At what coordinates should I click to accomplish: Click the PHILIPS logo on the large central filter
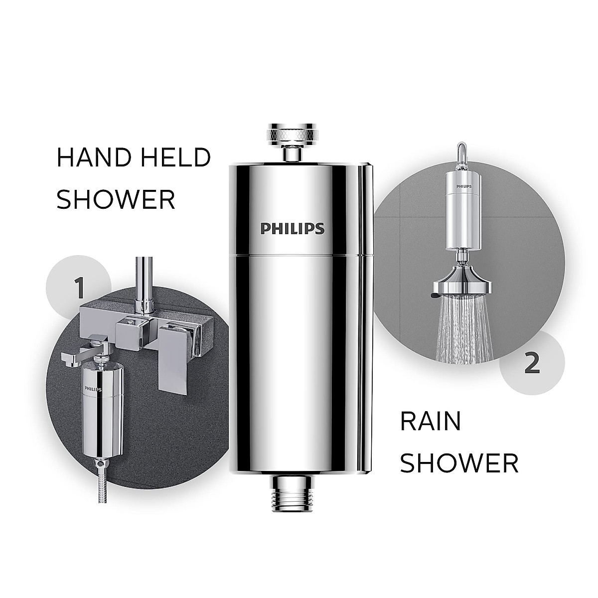(x=293, y=228)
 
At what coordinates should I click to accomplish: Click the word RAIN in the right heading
(x=431, y=422)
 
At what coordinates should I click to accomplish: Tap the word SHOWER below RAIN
(x=459, y=463)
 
